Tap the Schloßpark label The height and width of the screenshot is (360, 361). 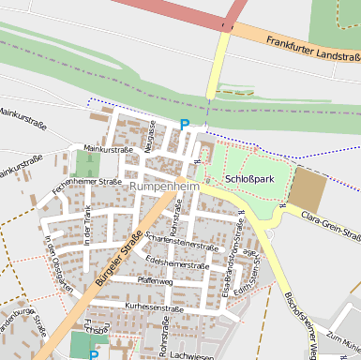[x=249, y=177]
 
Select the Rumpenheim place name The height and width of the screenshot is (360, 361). [x=165, y=187]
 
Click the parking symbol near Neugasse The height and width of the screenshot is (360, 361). [x=185, y=126]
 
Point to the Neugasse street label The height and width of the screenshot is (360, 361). [x=150, y=137]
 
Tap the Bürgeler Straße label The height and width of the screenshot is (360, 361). [x=113, y=263]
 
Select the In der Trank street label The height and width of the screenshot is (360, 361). [x=87, y=228]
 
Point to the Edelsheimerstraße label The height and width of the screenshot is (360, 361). [x=178, y=264]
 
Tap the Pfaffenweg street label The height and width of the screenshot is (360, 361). [x=155, y=281]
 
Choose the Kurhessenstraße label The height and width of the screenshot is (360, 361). [x=153, y=307]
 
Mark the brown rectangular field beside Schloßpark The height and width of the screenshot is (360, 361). [x=308, y=190]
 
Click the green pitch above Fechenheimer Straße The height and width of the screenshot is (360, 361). [x=87, y=164]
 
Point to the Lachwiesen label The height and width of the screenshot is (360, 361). [x=194, y=356]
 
